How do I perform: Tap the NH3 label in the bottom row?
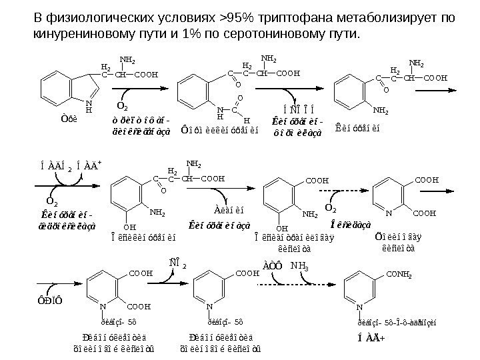point(301,266)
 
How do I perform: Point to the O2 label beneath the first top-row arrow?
point(123,106)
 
